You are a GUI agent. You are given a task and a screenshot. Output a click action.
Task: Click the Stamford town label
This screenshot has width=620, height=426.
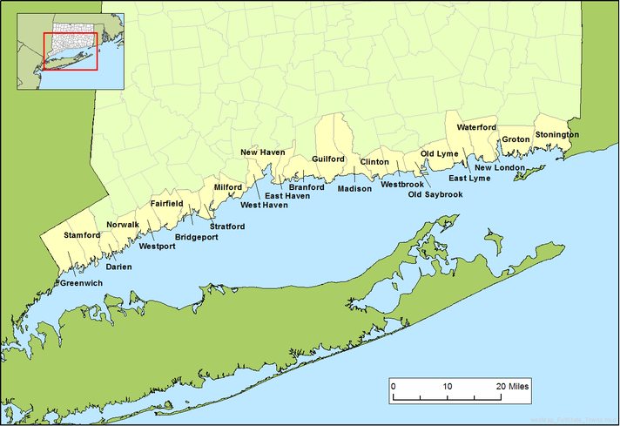82,235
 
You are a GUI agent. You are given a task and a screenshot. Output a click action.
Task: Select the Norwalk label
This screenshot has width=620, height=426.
123,225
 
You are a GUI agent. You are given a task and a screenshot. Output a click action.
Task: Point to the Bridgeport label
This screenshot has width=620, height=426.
197,237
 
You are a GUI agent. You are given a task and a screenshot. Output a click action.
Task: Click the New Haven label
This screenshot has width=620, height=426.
263,152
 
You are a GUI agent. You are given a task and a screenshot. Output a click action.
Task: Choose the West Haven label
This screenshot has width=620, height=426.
264,206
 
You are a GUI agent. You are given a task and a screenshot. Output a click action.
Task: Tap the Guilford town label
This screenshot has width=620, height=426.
328,159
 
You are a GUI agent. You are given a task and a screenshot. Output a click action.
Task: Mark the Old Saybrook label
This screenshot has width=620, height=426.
435,194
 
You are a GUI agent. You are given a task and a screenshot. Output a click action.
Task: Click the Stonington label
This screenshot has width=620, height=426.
556,135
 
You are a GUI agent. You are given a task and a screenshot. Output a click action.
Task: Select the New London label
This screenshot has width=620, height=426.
500,167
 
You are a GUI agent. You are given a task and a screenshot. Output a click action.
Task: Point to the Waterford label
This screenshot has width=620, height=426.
476,127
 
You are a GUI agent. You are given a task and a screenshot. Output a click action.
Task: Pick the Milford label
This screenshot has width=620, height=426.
228,186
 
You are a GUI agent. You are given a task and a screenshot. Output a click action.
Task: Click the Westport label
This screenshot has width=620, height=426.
157,247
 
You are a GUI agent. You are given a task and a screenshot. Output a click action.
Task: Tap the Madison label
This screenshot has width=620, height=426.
354,188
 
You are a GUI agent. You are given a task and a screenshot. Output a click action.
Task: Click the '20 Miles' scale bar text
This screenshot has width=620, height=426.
512,385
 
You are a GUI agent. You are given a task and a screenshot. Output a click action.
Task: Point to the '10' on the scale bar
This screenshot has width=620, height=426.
448,385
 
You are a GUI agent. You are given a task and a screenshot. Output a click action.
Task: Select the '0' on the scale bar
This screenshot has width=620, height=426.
393,385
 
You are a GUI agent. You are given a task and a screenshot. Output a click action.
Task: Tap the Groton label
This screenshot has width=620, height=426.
516,139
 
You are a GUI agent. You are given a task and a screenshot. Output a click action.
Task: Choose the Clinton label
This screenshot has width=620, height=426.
374,162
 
